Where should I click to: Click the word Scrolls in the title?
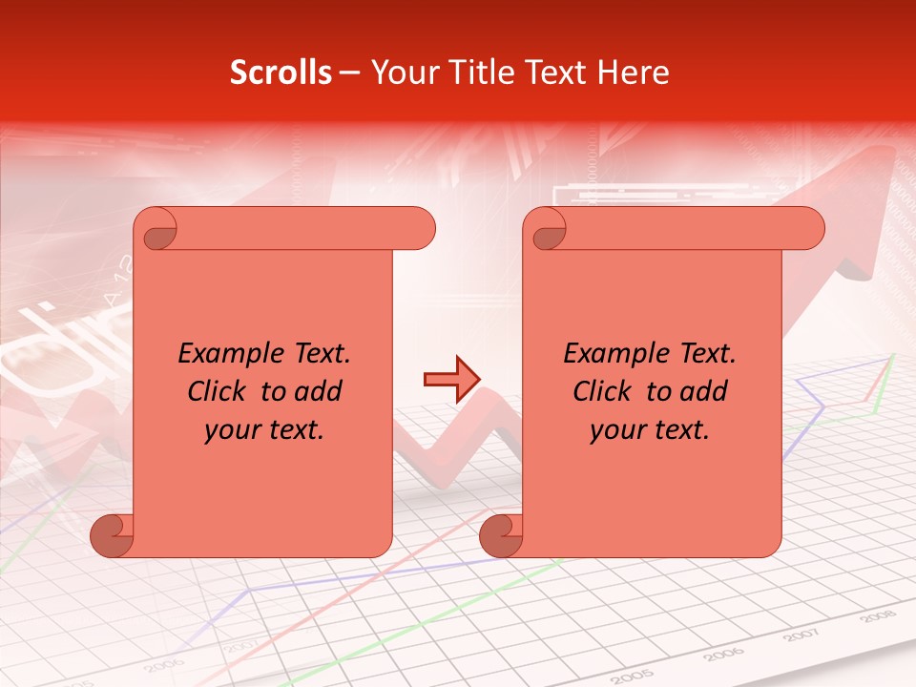point(281,73)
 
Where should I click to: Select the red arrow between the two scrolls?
point(451,379)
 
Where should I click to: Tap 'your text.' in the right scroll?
point(650,429)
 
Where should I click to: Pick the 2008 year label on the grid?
point(877,617)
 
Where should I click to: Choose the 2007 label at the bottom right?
point(801,635)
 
